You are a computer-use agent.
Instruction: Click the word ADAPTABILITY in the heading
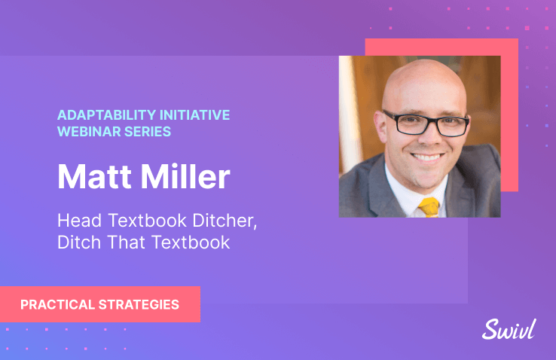click(106, 115)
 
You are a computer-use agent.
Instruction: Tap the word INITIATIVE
click(194, 115)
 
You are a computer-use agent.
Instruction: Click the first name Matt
click(95, 176)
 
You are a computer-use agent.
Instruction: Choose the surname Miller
click(185, 176)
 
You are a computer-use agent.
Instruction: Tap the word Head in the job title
click(79, 221)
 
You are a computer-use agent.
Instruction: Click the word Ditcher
click(225, 221)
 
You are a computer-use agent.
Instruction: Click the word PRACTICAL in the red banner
click(57, 305)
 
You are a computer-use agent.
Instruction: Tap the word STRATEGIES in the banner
click(139, 305)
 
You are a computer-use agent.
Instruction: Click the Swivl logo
click(509, 330)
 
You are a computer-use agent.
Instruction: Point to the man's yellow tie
click(429, 207)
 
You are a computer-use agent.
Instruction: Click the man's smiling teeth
click(428, 157)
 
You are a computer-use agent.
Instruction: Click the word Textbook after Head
click(147, 221)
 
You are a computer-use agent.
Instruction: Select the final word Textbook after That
click(191, 243)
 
